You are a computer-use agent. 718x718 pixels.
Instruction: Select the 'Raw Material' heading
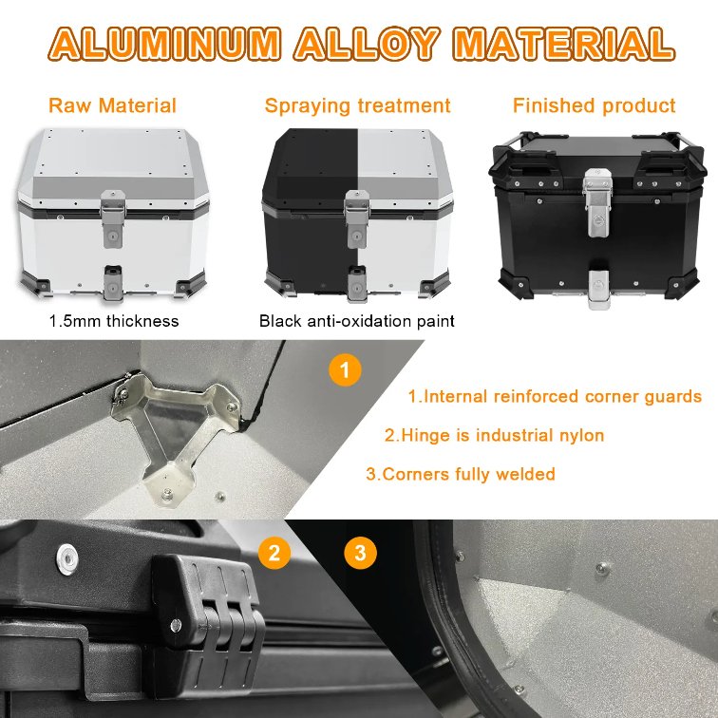pos(112,105)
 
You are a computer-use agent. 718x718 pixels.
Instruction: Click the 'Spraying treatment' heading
pos(358,105)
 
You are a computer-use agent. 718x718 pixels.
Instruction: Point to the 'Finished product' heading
pos(595,105)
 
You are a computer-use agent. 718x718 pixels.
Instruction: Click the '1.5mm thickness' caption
pos(114,321)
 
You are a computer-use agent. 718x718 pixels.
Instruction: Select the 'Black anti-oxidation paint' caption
pos(357,321)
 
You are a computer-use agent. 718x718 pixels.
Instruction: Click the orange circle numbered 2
pos(274,552)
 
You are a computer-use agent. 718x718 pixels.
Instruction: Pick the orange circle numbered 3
pos(359,552)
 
